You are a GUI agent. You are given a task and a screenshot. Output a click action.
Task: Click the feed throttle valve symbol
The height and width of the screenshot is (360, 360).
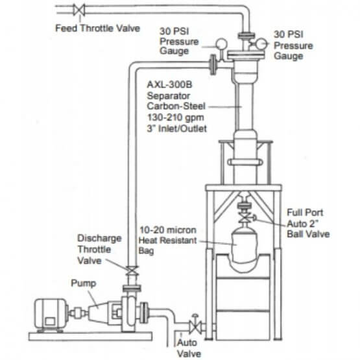(x=79, y=10)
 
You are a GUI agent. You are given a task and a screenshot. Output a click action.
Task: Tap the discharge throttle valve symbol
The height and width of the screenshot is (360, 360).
(x=132, y=270)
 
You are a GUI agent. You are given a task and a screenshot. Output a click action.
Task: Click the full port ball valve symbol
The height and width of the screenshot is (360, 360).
(x=246, y=217)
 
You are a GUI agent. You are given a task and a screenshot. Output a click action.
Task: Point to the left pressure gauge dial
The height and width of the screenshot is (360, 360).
(x=221, y=44)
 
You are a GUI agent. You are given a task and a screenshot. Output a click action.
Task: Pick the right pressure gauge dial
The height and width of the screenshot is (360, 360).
(x=261, y=44)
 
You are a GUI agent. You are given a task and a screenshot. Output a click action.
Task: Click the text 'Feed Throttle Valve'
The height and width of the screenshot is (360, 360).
(x=97, y=29)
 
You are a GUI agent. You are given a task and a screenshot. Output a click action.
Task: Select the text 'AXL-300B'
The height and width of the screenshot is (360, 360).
(x=169, y=84)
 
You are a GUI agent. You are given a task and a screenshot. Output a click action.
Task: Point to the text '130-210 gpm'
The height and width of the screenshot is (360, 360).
(x=175, y=117)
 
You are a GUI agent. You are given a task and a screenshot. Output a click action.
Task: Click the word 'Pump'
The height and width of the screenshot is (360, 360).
(x=83, y=283)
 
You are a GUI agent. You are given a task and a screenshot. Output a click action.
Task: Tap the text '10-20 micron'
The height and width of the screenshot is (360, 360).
(x=168, y=230)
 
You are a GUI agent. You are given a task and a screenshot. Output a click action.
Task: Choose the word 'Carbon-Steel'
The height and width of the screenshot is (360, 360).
(x=176, y=106)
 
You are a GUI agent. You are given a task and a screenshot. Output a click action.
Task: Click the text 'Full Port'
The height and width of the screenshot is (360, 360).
(x=305, y=212)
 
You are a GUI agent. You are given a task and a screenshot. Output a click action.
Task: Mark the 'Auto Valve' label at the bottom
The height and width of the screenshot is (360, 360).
(x=189, y=348)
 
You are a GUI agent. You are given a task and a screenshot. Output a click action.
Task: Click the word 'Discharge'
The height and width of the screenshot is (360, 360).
(x=99, y=238)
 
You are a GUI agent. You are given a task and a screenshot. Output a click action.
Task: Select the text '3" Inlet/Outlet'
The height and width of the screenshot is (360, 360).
(x=177, y=128)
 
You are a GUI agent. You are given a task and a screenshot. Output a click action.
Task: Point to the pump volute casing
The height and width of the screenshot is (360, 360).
(x=130, y=314)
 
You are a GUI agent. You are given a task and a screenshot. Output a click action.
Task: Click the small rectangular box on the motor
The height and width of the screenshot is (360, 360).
(x=50, y=322)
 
